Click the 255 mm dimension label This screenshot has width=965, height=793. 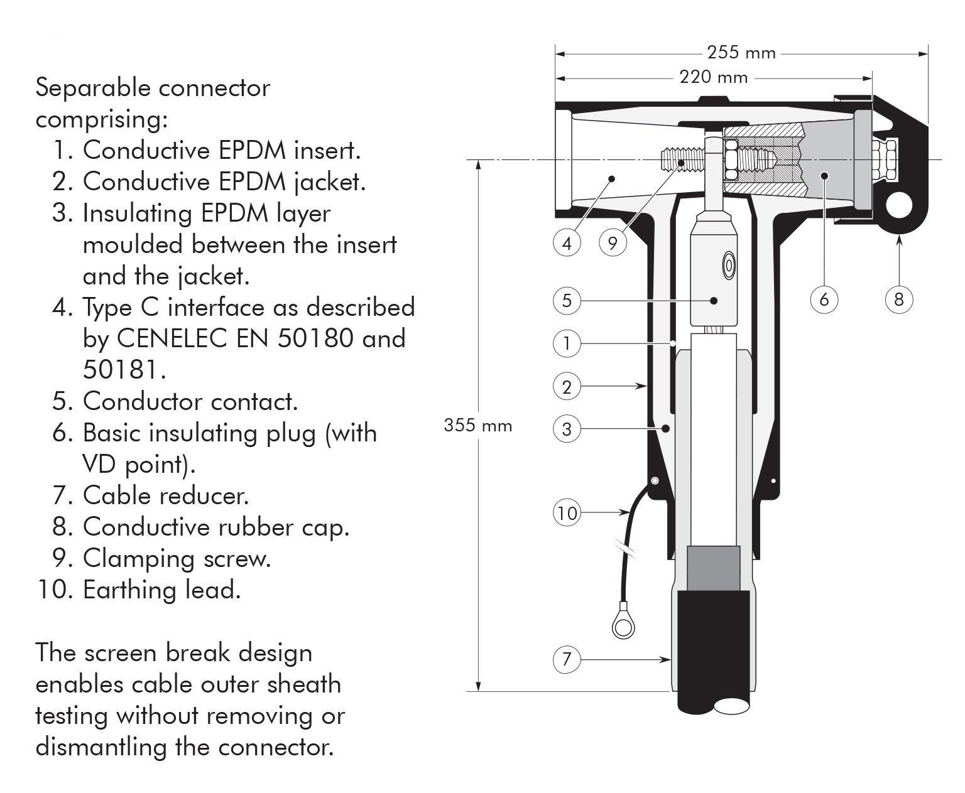click(x=741, y=52)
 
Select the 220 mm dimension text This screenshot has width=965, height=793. click(x=714, y=77)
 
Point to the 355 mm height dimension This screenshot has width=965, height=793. click(x=477, y=426)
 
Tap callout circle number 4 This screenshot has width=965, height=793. click(x=567, y=242)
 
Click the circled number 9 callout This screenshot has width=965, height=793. click(x=613, y=242)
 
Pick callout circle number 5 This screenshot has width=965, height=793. click(x=567, y=300)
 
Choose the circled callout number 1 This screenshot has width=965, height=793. click(x=567, y=343)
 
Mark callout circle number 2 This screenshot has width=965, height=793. click(x=567, y=386)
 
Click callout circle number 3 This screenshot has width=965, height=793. click(x=567, y=429)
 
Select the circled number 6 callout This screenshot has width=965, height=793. click(x=824, y=299)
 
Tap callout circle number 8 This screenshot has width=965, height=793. click(x=898, y=299)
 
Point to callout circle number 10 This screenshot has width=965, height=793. click(x=567, y=513)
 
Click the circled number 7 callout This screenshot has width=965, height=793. click(x=567, y=659)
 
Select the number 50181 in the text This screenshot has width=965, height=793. click(x=124, y=370)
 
